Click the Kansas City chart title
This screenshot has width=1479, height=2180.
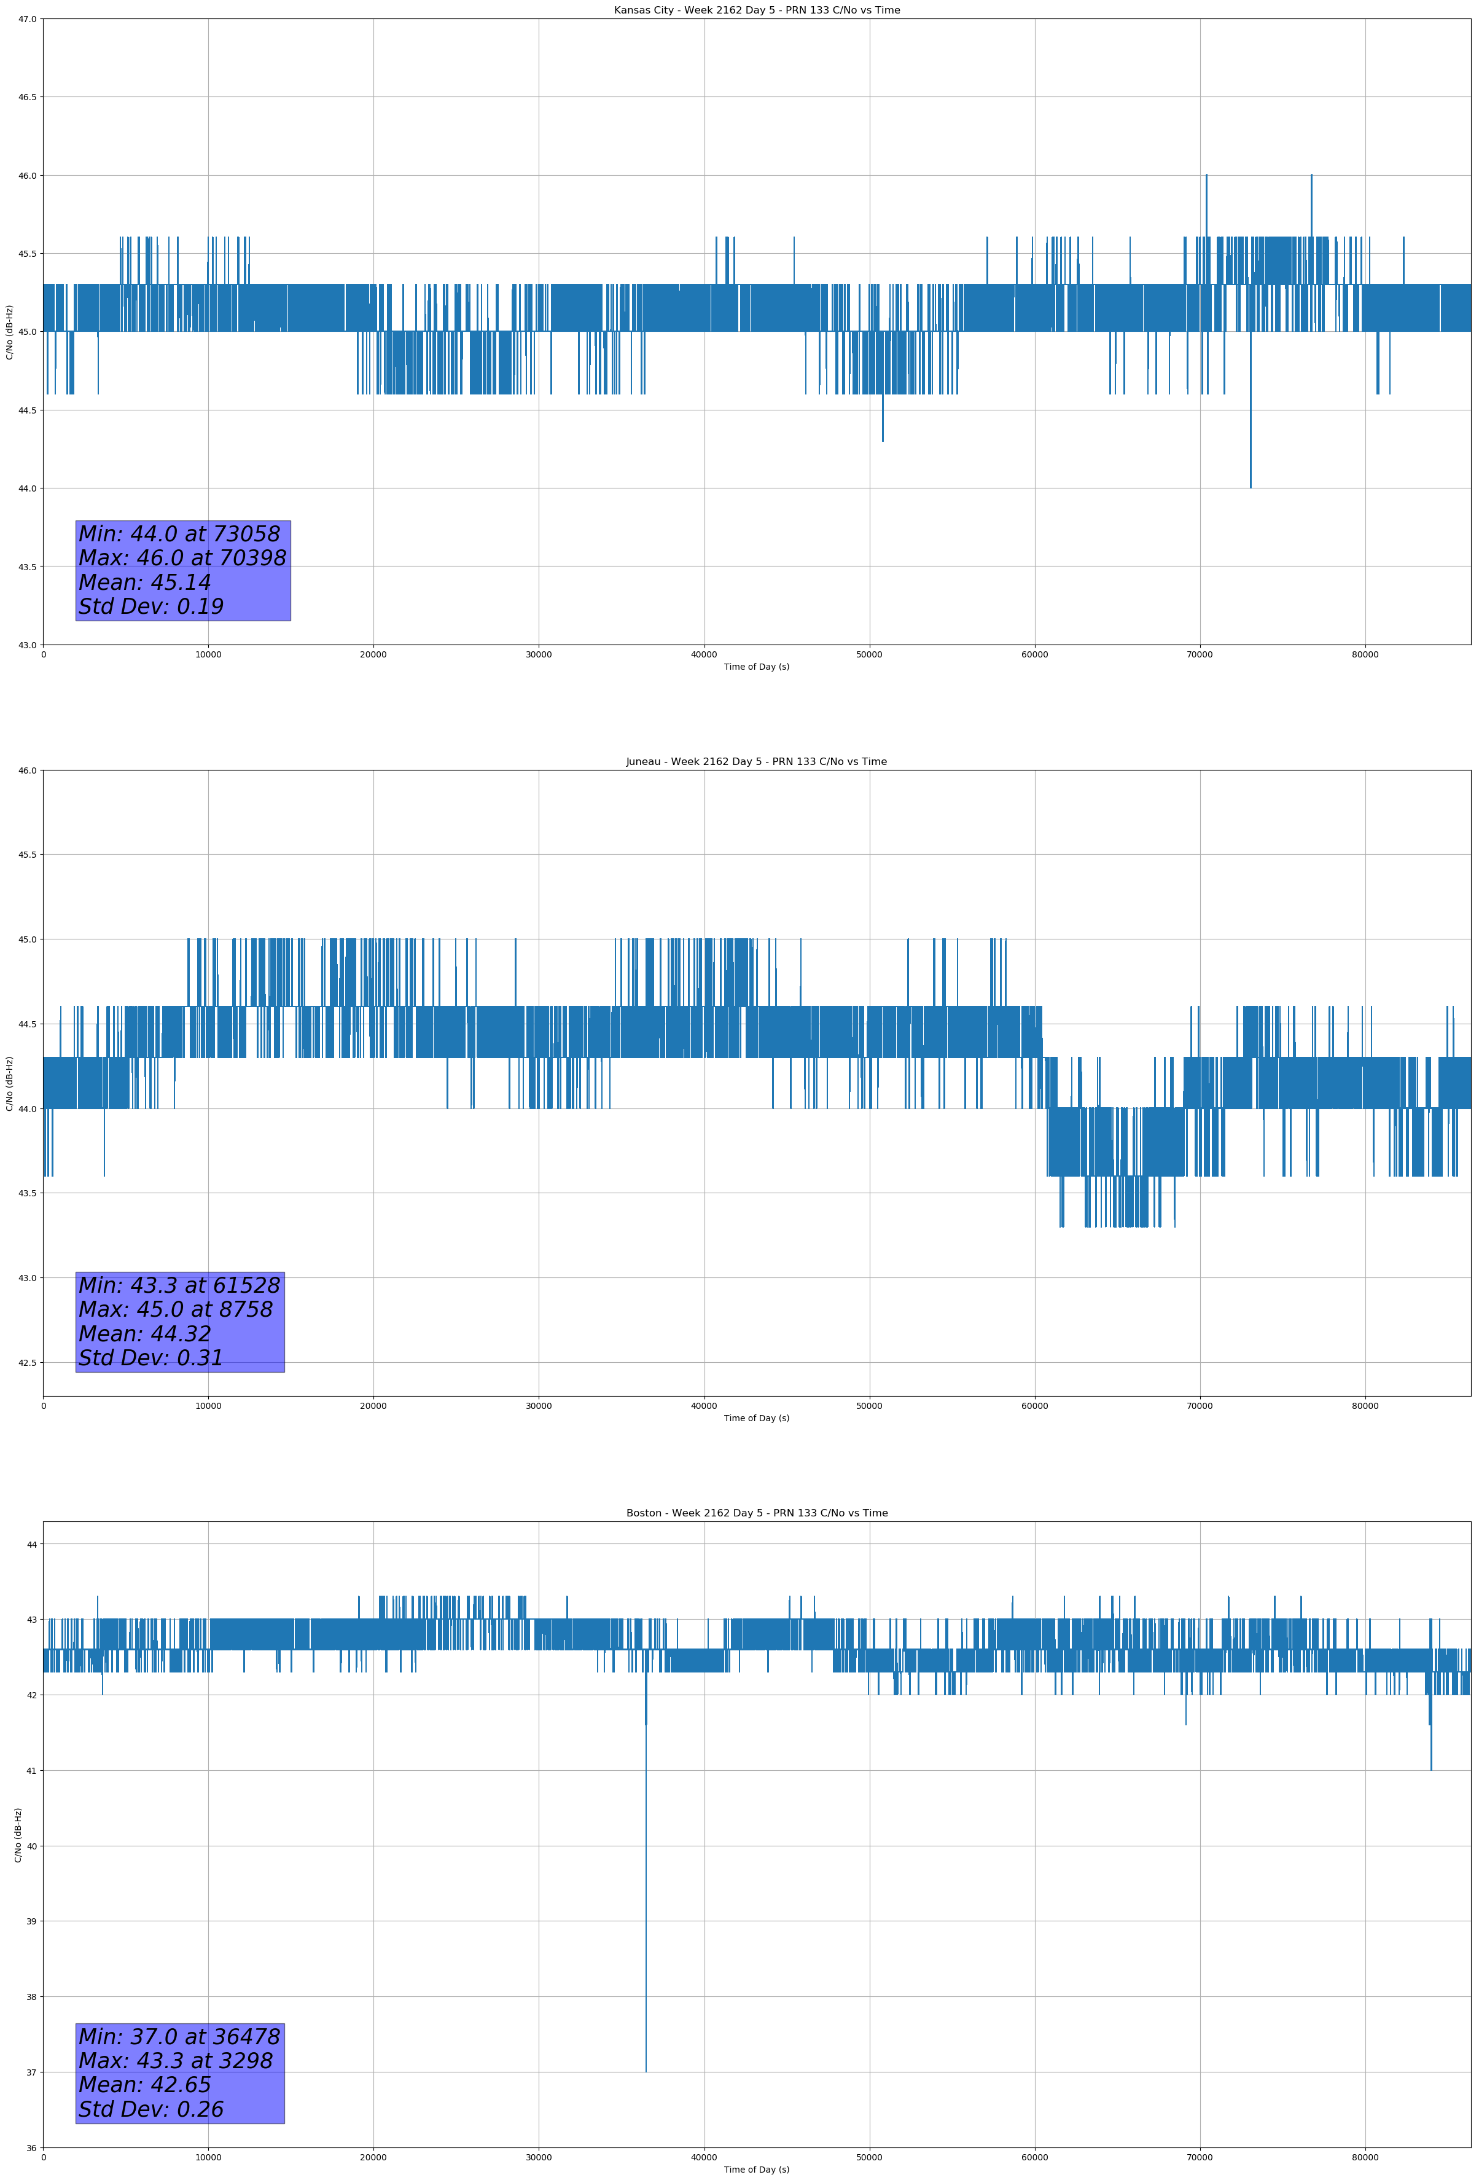[x=756, y=10]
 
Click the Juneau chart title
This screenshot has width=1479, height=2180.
[x=756, y=762]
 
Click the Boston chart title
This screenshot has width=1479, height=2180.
[x=756, y=1513]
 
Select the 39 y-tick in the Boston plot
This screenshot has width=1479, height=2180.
[x=32, y=1921]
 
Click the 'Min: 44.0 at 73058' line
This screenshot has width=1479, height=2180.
[x=179, y=534]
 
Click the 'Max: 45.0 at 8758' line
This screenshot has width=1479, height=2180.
[x=176, y=1309]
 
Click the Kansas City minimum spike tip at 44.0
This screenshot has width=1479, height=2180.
[x=1250, y=487]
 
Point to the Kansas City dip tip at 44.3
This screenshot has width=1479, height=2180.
[x=883, y=440]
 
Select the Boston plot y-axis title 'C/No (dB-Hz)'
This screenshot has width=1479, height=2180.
[x=18, y=1835]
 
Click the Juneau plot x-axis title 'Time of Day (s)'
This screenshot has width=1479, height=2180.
[x=756, y=1418]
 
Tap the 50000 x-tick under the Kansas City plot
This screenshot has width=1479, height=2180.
[x=869, y=655]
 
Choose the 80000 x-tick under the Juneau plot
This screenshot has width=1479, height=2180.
[x=1365, y=1405]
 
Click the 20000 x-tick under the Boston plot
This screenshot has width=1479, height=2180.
[x=373, y=2157]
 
